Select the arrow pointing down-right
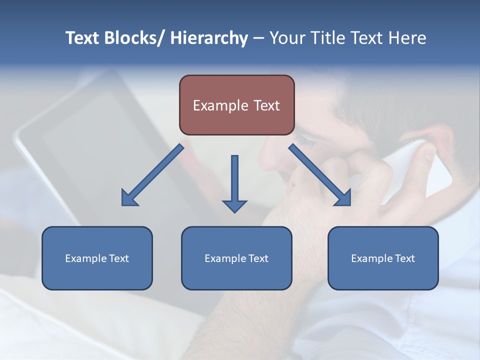[x=320, y=175]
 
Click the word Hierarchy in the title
[x=209, y=38]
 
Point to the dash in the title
[x=258, y=38]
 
